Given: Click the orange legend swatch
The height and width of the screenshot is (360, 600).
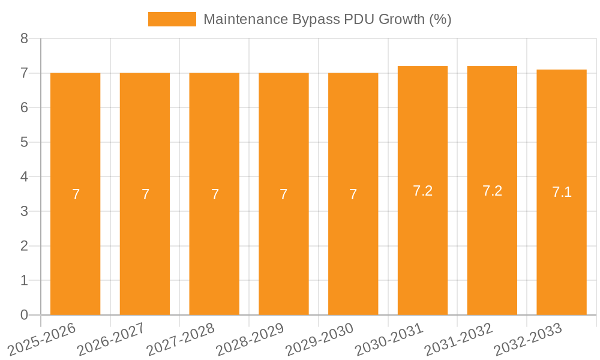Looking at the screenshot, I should pos(172,19).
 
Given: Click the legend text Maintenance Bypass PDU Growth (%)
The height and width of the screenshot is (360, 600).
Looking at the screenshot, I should pos(327,19).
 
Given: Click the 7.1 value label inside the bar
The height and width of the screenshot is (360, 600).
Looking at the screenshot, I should pos(562,192).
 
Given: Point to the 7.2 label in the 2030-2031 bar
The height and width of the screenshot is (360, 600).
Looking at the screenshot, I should pos(422,190).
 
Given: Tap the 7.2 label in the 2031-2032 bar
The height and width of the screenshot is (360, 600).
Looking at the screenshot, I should pos(492,190).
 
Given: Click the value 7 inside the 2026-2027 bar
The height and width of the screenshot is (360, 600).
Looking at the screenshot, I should pos(145,194).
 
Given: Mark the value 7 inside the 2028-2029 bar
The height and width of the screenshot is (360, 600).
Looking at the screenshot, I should pos(283,194).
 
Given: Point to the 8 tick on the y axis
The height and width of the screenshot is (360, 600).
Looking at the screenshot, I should pos(24,38).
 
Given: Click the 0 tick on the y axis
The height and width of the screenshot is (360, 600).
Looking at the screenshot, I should pos(24,315).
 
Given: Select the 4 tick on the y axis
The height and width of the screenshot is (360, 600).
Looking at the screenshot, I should pos(24,177).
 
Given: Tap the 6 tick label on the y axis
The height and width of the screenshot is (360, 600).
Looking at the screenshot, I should pos(24,108).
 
